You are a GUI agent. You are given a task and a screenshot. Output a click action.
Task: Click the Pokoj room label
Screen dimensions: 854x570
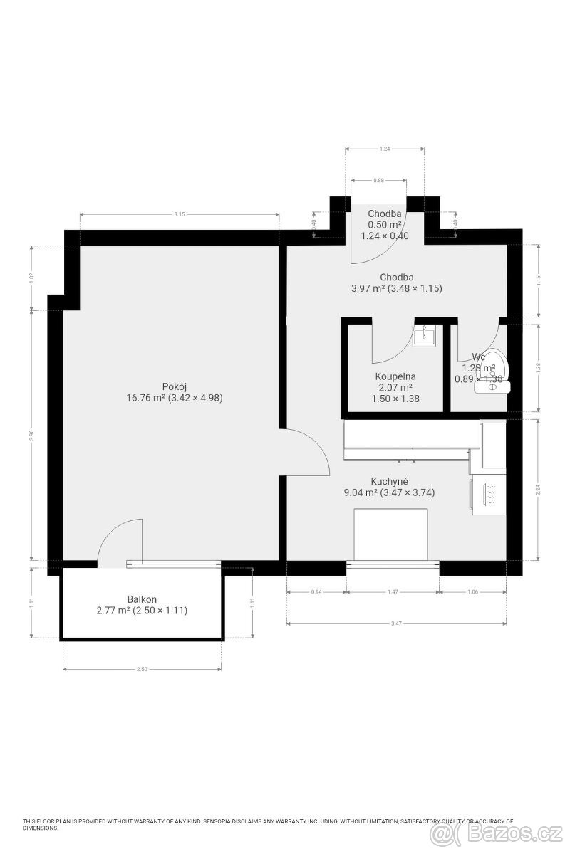175,386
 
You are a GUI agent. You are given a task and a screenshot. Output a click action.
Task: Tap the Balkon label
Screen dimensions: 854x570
142,599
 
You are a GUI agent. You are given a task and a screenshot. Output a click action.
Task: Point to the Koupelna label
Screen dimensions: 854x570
395,376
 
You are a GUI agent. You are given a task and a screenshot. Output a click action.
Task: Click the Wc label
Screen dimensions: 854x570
479,357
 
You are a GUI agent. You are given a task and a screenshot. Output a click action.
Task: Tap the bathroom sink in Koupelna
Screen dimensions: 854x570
425,335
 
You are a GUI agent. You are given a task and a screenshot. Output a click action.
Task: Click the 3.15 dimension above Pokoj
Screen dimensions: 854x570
180,214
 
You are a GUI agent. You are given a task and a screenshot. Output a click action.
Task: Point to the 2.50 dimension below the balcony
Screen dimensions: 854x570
142,670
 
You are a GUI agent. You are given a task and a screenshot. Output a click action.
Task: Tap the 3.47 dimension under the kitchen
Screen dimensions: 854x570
397,624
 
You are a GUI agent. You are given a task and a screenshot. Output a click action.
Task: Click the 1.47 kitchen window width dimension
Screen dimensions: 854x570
393,591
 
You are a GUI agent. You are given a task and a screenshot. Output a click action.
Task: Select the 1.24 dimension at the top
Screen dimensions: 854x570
385,149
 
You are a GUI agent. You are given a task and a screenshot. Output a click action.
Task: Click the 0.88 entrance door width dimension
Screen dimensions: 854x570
379,181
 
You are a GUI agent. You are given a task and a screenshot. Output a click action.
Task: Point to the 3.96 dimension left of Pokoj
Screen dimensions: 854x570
31,436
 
